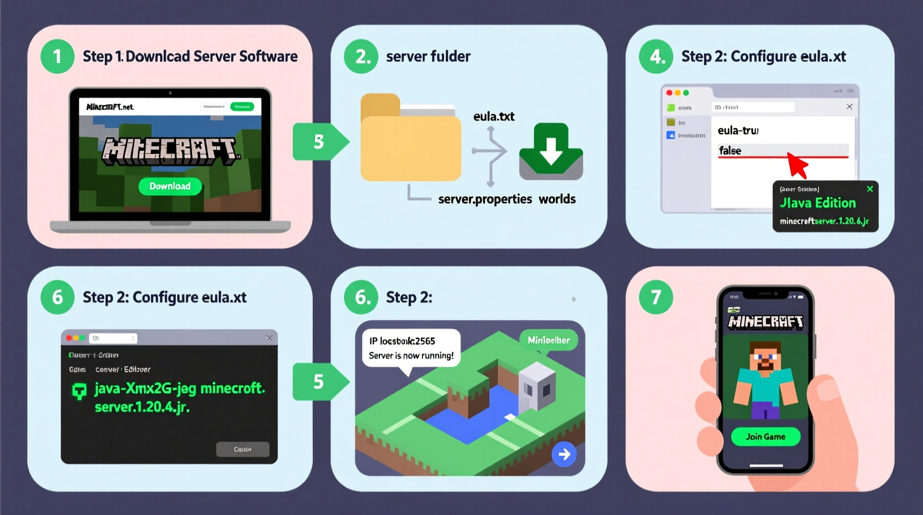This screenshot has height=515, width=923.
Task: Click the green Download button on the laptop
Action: pos(170,186)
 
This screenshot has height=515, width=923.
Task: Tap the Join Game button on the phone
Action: pos(765,437)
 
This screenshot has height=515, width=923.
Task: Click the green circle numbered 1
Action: pos(57,56)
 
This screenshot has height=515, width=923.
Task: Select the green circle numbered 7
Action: pos(656,297)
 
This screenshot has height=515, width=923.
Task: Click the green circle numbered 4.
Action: pos(656,56)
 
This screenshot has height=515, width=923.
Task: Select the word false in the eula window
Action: pos(730,150)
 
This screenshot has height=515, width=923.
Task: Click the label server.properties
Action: pos(485,199)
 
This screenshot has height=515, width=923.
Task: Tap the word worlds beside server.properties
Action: pos(557,199)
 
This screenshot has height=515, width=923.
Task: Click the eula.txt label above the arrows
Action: pos(494,117)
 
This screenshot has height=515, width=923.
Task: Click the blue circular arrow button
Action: pos(564,455)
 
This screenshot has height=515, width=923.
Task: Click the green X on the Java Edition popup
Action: pos(870,189)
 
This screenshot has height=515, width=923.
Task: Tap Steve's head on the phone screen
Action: pos(765,356)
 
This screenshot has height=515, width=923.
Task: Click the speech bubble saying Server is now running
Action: pos(411,349)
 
